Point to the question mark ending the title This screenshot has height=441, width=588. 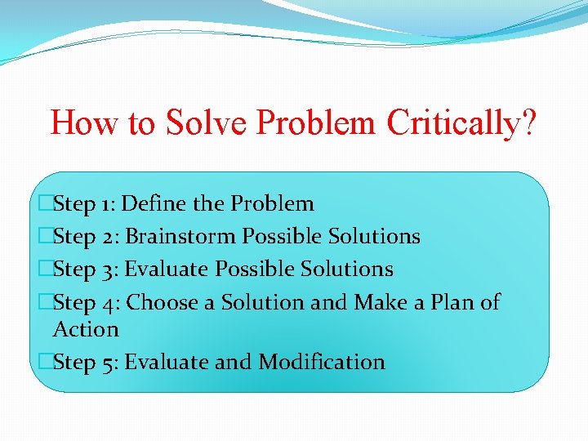(x=530, y=122)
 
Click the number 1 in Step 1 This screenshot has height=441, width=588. (x=107, y=203)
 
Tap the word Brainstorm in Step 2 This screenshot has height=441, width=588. (x=184, y=237)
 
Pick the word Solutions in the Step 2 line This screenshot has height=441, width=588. (x=374, y=237)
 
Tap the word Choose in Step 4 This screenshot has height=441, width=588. (x=163, y=303)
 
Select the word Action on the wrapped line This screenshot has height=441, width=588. (x=86, y=329)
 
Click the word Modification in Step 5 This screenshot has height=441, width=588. (x=322, y=362)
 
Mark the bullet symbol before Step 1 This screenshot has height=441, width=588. (x=46, y=203)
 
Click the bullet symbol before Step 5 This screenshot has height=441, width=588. (x=46, y=362)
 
